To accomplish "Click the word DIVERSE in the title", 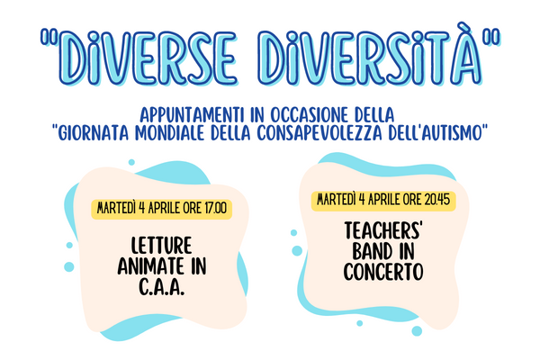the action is pos(148,58).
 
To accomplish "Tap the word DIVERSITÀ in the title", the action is pos(370,55).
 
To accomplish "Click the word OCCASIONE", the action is pos(310,115).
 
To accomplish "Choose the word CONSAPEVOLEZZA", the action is pos(319,133).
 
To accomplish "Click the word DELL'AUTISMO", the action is pos(435,133).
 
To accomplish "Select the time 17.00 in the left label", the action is pos(216,209).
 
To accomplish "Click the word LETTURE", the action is pos(161,246).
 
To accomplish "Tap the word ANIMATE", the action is pos(149,266).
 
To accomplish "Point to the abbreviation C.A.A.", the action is pos(161,286).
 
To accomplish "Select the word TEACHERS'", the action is pos(383,230).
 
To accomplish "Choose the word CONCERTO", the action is pos(383,272).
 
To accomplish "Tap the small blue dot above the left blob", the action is pos(131,162).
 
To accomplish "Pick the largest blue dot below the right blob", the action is pos(417,330).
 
